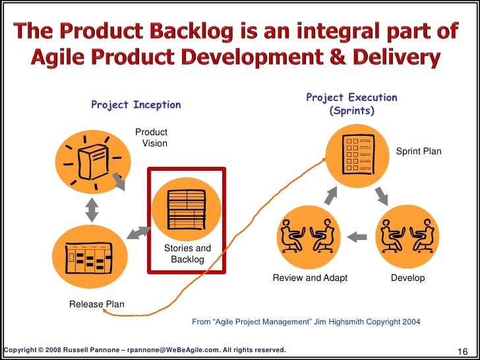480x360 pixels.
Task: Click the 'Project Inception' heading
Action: click(136, 105)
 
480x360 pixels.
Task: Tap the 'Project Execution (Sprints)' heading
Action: click(351, 104)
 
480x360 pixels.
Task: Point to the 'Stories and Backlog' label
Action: click(187, 254)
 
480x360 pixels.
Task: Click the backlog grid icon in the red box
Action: click(186, 209)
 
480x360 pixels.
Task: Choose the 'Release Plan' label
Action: click(97, 304)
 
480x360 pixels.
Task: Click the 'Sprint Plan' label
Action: click(419, 152)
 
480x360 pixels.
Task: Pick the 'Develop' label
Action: click(407, 278)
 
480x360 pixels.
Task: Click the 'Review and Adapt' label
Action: click(310, 278)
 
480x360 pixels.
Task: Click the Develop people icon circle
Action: click(407, 235)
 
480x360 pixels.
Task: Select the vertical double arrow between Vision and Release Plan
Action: click(92, 208)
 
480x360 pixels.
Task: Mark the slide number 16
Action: click(462, 350)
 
